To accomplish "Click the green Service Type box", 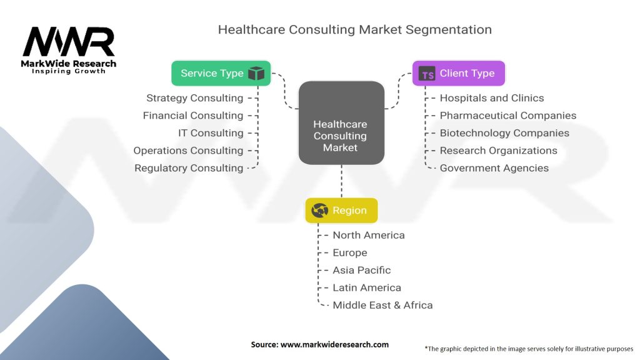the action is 221,73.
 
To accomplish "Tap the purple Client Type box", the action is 458,73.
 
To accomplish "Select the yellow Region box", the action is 341,210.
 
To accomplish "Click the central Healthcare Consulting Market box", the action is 341,123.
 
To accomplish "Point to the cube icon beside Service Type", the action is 256,74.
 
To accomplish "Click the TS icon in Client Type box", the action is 427,74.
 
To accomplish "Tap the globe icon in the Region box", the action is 319,210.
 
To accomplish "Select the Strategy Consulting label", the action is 195,98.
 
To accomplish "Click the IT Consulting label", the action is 211,133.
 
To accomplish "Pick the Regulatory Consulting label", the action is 189,168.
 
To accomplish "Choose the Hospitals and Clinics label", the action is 492,98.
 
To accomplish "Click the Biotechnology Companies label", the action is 504,133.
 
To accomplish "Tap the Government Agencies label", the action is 494,168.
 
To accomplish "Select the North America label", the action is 369,235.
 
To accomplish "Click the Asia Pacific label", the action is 362,270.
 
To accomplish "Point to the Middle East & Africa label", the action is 382,305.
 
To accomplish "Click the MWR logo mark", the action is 69,41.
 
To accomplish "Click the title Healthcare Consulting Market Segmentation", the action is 355,29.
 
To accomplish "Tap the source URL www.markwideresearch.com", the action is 334,344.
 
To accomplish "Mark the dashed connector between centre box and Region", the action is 342,181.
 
